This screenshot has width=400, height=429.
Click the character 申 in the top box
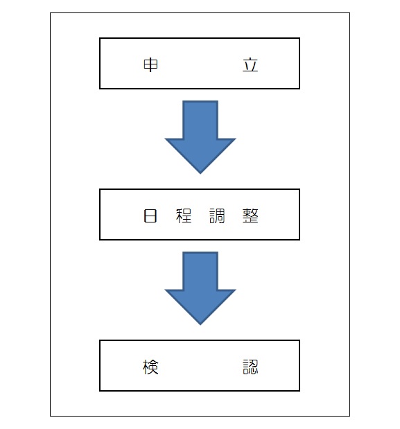(x=150, y=65)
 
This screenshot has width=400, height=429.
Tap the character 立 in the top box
(x=250, y=65)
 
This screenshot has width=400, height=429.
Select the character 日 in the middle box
(x=150, y=216)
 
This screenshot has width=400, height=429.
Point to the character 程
(x=184, y=216)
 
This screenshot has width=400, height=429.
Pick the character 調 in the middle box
(x=217, y=216)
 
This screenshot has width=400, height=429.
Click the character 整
(x=250, y=216)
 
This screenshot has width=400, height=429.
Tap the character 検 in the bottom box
(x=150, y=367)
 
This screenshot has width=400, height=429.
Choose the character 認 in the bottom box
(x=250, y=367)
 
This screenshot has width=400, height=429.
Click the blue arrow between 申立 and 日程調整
(x=200, y=137)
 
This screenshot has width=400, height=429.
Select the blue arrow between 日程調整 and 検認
(x=200, y=288)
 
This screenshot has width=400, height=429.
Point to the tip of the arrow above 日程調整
(x=200, y=174)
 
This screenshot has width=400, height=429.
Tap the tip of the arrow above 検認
(x=200, y=325)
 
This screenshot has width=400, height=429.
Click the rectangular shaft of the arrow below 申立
(x=200, y=120)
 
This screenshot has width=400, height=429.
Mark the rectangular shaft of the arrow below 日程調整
(x=200, y=271)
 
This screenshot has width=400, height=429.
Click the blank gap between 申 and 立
(x=200, y=65)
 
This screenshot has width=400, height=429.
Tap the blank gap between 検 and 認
(x=200, y=367)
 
